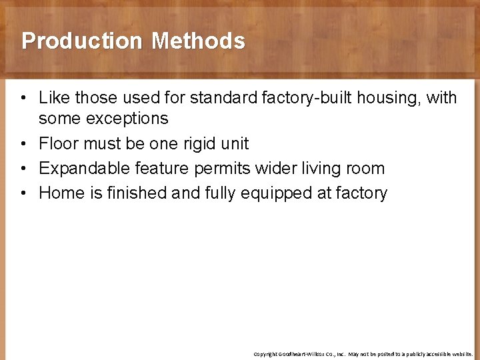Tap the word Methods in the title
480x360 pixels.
point(198,41)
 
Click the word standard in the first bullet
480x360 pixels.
point(220,98)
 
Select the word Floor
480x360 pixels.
point(59,144)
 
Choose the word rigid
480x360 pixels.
point(195,144)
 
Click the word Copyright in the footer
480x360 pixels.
point(265,354)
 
